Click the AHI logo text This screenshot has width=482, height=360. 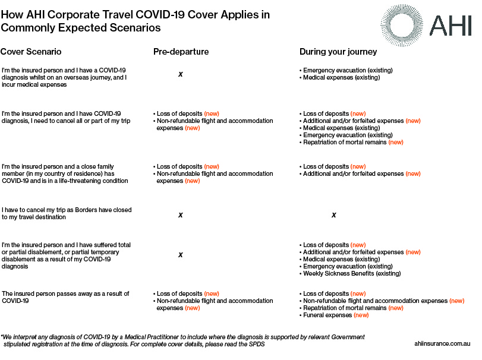point(451,26)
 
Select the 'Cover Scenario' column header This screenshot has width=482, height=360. point(31,52)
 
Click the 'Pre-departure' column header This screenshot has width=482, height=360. point(181,52)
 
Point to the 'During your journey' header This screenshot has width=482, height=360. point(338,52)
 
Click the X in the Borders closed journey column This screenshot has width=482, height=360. point(334,215)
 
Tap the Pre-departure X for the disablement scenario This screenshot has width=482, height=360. point(181,255)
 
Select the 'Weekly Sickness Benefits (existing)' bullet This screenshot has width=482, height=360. point(351,273)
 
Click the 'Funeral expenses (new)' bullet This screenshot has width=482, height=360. point(334,315)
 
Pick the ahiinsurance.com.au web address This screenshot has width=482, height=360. point(442,344)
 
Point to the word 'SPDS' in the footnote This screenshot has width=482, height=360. point(257,344)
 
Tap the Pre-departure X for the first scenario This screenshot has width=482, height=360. point(181,74)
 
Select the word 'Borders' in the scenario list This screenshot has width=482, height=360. point(86,210)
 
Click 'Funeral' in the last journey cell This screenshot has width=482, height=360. point(314,315)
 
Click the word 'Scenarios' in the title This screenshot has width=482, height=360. point(136,28)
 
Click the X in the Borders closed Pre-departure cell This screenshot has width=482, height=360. point(181,215)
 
